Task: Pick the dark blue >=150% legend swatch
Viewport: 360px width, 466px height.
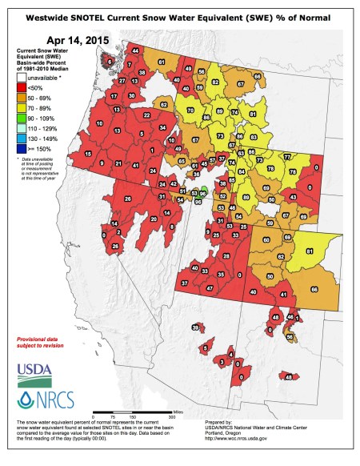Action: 23,148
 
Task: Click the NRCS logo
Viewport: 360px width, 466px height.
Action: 40,399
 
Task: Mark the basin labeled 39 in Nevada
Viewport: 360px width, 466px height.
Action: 195,327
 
